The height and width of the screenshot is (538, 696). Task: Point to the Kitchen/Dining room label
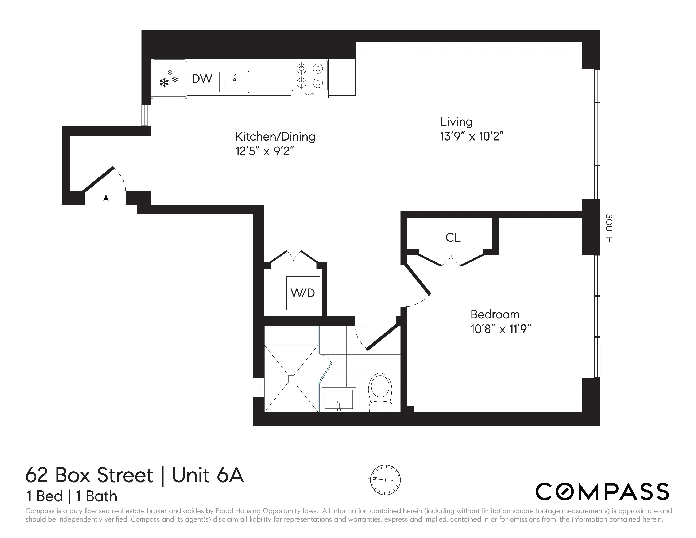tap(275, 137)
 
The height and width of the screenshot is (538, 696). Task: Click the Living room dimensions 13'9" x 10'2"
tap(471, 137)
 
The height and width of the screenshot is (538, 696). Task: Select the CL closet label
tap(453, 237)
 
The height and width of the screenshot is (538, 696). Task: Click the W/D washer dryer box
tap(303, 293)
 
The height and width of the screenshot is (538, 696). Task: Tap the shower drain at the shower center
tap(291, 378)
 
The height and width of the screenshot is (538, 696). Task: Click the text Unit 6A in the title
tap(208, 475)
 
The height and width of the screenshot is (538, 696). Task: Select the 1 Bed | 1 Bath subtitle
tap(72, 496)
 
